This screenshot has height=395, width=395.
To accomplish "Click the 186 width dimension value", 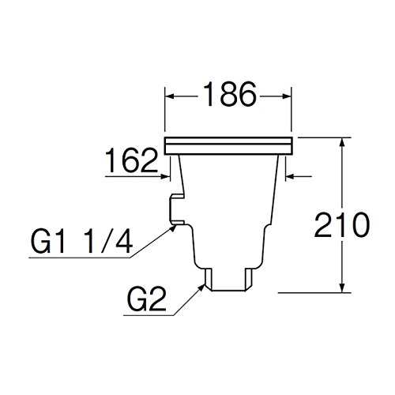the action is point(230,94).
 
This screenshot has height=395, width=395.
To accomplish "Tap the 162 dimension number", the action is point(131,160).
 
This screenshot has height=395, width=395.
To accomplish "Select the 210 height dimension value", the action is point(342,224).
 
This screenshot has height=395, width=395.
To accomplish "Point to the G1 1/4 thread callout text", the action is point(82,241).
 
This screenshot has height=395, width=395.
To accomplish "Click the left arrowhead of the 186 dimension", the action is point(170,96).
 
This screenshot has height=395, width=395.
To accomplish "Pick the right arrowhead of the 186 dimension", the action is point(287,96).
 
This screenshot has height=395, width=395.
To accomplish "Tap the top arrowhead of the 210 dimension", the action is point(342,142).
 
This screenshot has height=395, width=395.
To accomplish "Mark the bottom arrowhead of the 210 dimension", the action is point(342,288).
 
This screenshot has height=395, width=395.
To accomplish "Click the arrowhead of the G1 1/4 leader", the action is point(173,228).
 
